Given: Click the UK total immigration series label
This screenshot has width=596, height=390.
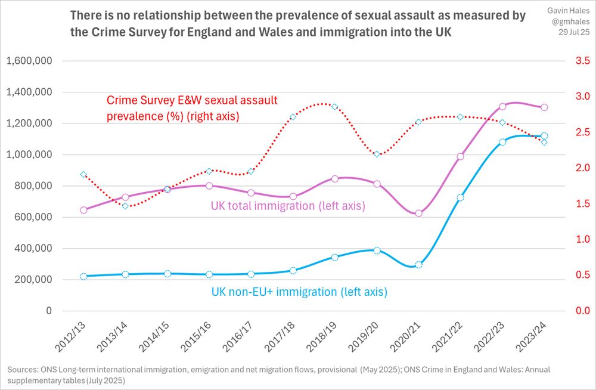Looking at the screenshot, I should (x=287, y=206).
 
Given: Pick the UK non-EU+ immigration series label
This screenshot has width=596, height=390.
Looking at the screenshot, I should (x=299, y=292).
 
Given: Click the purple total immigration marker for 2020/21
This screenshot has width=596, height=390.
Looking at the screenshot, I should (x=418, y=213).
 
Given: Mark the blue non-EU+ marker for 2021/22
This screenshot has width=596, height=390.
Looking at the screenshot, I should (x=460, y=197).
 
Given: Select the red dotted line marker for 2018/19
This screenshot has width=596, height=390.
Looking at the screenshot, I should (x=334, y=107).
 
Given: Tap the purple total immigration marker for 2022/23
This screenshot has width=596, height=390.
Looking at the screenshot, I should (x=502, y=106).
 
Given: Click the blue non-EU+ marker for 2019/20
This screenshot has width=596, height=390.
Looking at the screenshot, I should (x=377, y=250).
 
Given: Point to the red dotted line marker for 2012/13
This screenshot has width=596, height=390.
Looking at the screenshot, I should (x=83, y=175).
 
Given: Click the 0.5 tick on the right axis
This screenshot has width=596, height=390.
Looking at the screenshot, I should (x=582, y=275).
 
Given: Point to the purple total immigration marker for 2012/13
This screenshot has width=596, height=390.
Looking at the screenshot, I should (x=83, y=210).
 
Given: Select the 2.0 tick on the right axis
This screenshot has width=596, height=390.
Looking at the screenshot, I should (x=582, y=168).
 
